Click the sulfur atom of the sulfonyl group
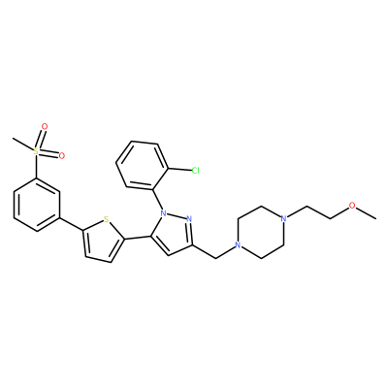36,151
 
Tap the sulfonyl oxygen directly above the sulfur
45,126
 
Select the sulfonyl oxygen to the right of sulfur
61,156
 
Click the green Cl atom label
195,170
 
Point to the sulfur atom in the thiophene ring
106,220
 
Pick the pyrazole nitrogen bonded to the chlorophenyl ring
164,213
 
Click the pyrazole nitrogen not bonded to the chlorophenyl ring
189,219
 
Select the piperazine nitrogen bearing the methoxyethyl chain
284,218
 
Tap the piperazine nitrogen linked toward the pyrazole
238,245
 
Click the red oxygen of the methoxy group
353,206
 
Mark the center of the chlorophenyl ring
143,165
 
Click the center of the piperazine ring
261,232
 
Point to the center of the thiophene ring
102,242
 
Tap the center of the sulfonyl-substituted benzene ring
37,204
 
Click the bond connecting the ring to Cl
179,169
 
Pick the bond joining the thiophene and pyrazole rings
138,238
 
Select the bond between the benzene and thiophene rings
71,223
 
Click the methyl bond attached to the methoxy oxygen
367,214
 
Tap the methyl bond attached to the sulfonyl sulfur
22,145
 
